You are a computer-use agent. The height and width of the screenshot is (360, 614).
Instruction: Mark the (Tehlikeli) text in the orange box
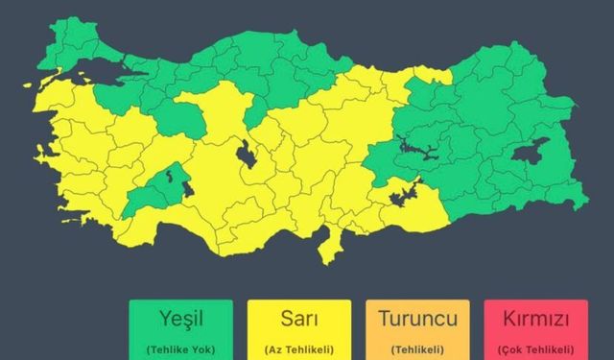pos(417,348)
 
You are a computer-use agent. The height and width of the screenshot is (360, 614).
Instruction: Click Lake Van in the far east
pos(531,153)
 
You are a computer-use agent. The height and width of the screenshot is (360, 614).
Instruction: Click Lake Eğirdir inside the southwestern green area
pos(174,177)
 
